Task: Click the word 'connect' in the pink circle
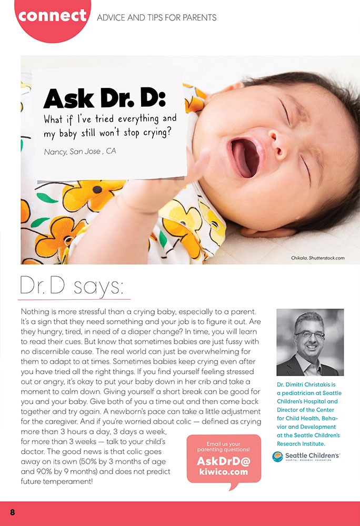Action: point(52,15)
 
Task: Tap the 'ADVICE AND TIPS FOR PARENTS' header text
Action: point(156,17)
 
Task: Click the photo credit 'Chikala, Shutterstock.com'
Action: point(317,258)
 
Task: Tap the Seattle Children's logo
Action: point(306,456)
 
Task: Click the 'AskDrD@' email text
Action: point(223,461)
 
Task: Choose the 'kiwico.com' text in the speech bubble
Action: point(223,472)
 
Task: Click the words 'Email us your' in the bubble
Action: point(223,443)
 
